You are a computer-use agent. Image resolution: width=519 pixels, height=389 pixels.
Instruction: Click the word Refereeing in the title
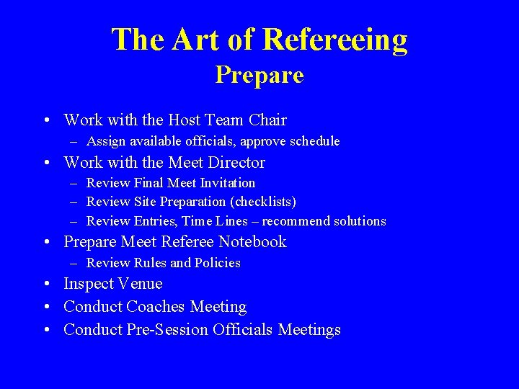(336, 40)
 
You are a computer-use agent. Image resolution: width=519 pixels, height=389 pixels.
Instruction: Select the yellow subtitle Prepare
(259, 75)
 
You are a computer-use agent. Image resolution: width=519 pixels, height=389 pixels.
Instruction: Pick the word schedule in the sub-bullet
(311, 141)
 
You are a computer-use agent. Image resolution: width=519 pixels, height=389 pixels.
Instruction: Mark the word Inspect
(86, 284)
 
